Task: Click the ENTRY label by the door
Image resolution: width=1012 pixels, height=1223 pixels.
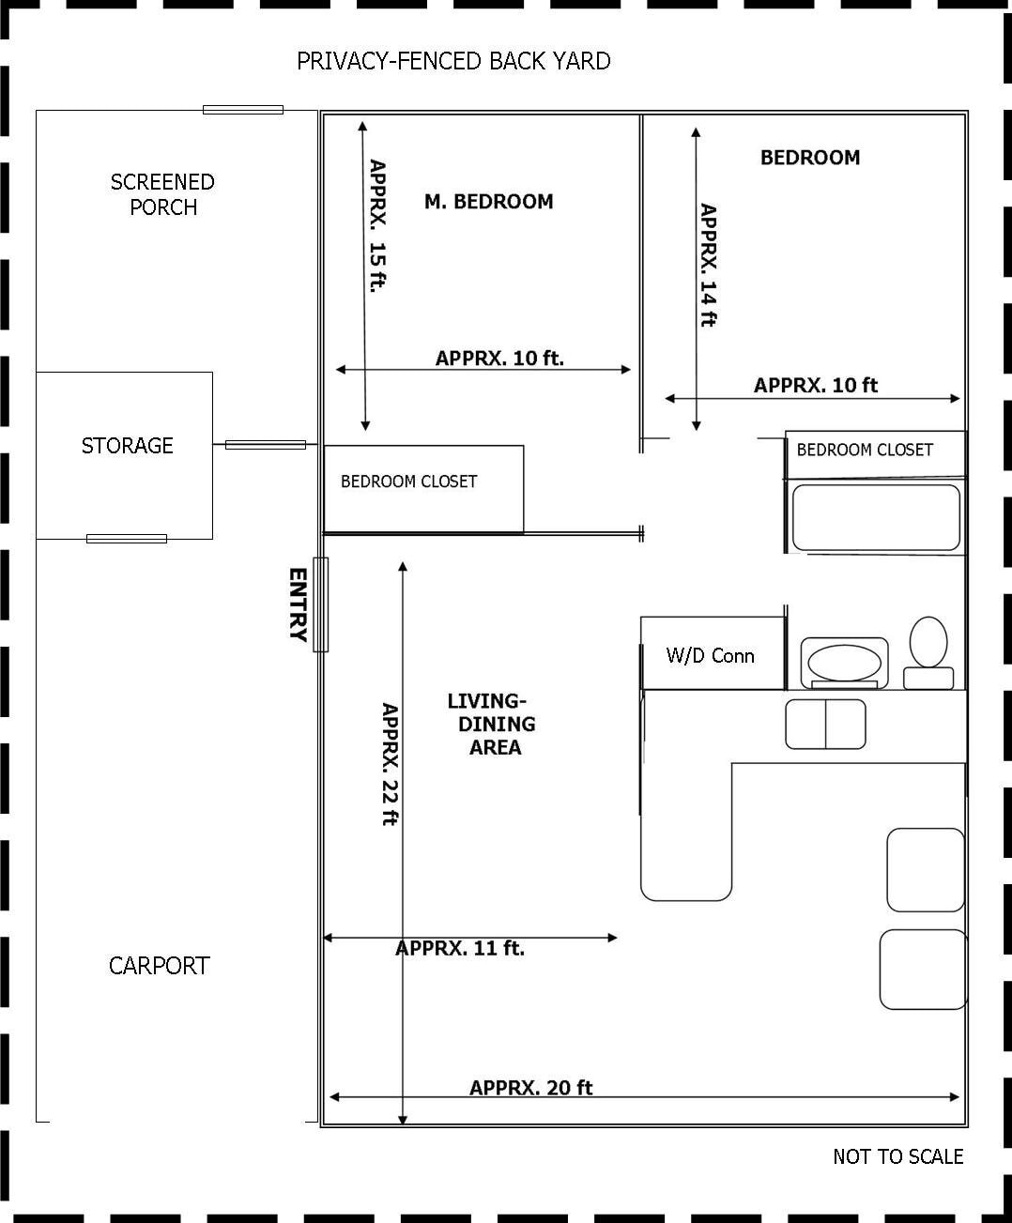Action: (299, 604)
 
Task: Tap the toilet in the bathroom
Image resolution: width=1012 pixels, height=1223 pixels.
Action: (928, 652)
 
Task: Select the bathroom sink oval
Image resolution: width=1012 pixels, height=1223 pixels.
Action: (844, 663)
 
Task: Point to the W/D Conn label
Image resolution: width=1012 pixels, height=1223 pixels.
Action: (711, 655)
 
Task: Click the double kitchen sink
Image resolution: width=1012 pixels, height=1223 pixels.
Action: (825, 724)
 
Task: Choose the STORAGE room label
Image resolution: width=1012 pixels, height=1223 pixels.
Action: (127, 446)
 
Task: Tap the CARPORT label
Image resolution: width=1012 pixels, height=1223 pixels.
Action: (160, 966)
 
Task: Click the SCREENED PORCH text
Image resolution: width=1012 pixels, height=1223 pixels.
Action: (163, 194)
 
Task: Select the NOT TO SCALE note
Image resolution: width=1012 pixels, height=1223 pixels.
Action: (898, 1156)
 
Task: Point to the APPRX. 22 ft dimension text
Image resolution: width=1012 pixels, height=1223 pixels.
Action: (391, 764)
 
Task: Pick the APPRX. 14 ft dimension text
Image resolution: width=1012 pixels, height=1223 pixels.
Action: (709, 265)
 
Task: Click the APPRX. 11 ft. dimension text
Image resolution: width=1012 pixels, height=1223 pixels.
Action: (460, 948)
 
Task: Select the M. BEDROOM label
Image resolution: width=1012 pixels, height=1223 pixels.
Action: (489, 202)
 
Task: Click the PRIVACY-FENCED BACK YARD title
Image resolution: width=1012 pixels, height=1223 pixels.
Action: (453, 61)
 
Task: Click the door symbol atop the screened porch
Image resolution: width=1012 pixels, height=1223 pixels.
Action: (243, 110)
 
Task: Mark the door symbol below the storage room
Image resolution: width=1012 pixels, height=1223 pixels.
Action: (127, 539)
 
